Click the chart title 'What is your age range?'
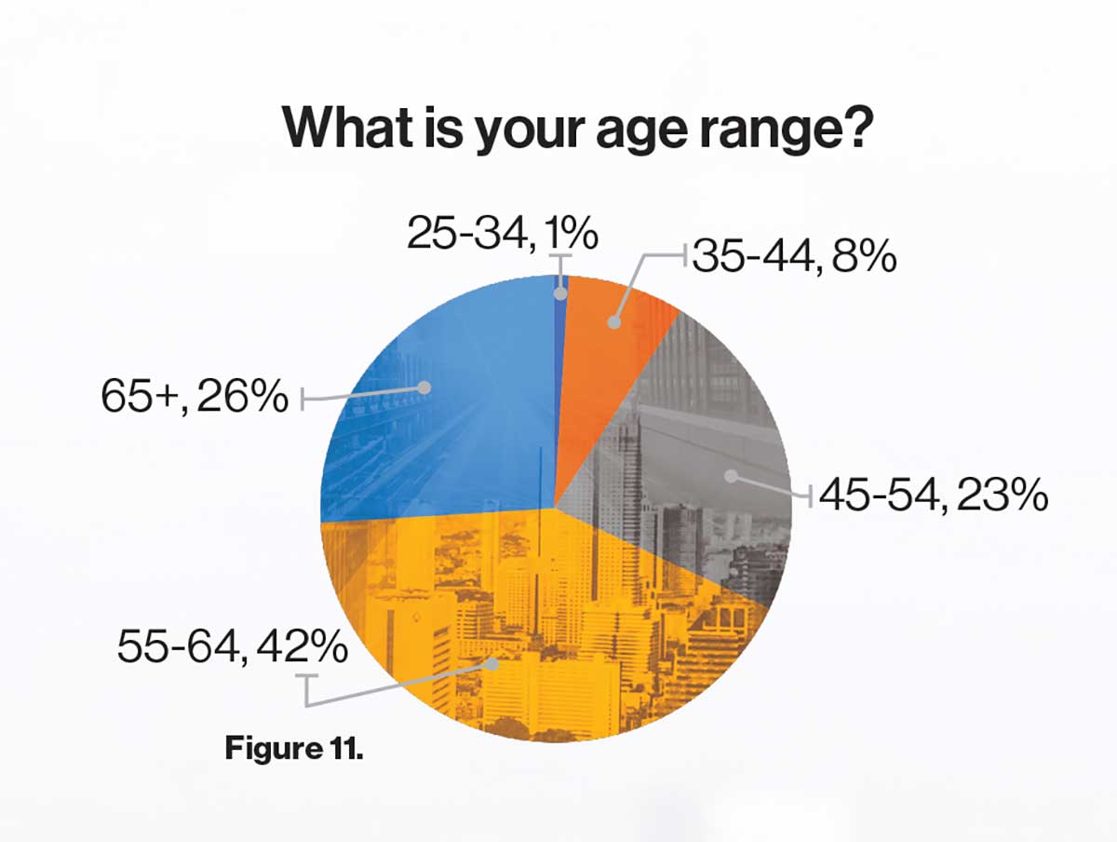578,128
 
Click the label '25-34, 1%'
503,233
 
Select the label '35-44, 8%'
794,255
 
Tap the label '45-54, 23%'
934,494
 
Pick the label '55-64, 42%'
233,646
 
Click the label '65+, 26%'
195,396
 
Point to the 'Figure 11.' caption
294,748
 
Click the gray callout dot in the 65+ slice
424,387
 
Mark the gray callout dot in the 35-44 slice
614,322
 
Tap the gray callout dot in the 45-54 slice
731,476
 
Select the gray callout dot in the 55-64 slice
492,664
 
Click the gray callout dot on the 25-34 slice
560,293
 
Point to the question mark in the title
856,127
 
